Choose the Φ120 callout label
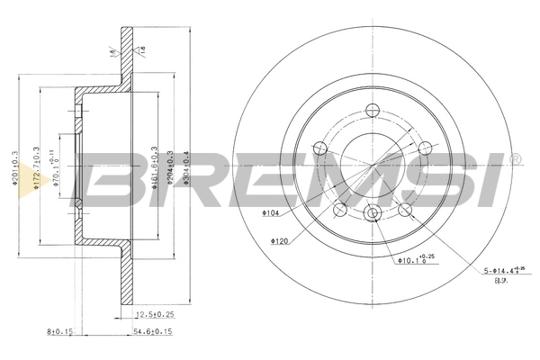click(x=278, y=240)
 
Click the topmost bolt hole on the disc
click(x=373, y=112)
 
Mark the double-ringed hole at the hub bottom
click(x=373, y=213)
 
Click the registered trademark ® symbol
click(x=515, y=159)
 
